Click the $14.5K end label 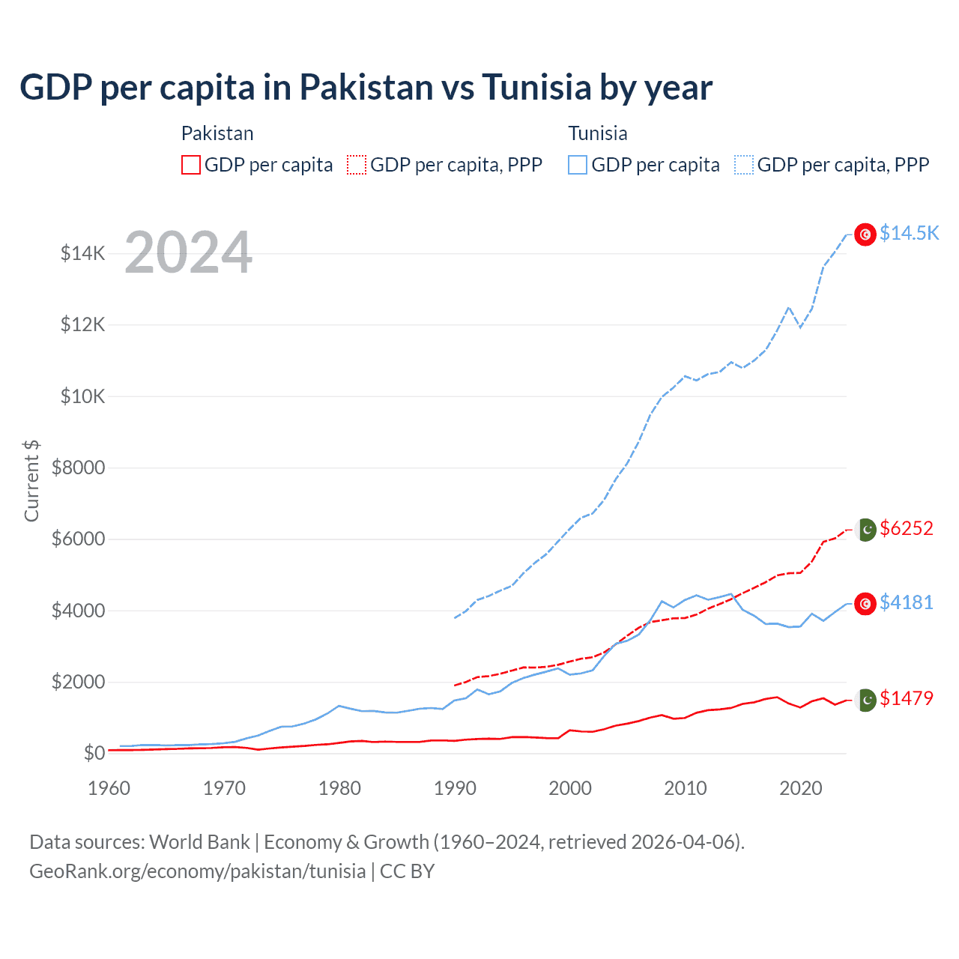click(909, 233)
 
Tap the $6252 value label click(907, 528)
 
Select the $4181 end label click(907, 602)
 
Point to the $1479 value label click(907, 698)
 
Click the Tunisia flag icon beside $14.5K click(865, 235)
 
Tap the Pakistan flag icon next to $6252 click(866, 530)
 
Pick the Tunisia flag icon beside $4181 click(865, 604)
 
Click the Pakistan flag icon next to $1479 click(866, 700)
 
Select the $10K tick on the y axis click(82, 396)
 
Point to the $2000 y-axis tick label click(78, 682)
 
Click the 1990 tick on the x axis click(455, 788)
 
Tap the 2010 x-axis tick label click(686, 788)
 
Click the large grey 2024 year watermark click(188, 252)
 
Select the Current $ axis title click(31, 480)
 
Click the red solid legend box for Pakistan click(191, 165)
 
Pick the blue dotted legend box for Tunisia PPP click(744, 165)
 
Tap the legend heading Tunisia click(597, 133)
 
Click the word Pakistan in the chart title click(366, 87)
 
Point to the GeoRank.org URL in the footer click(197, 871)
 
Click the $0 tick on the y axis click(94, 753)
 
